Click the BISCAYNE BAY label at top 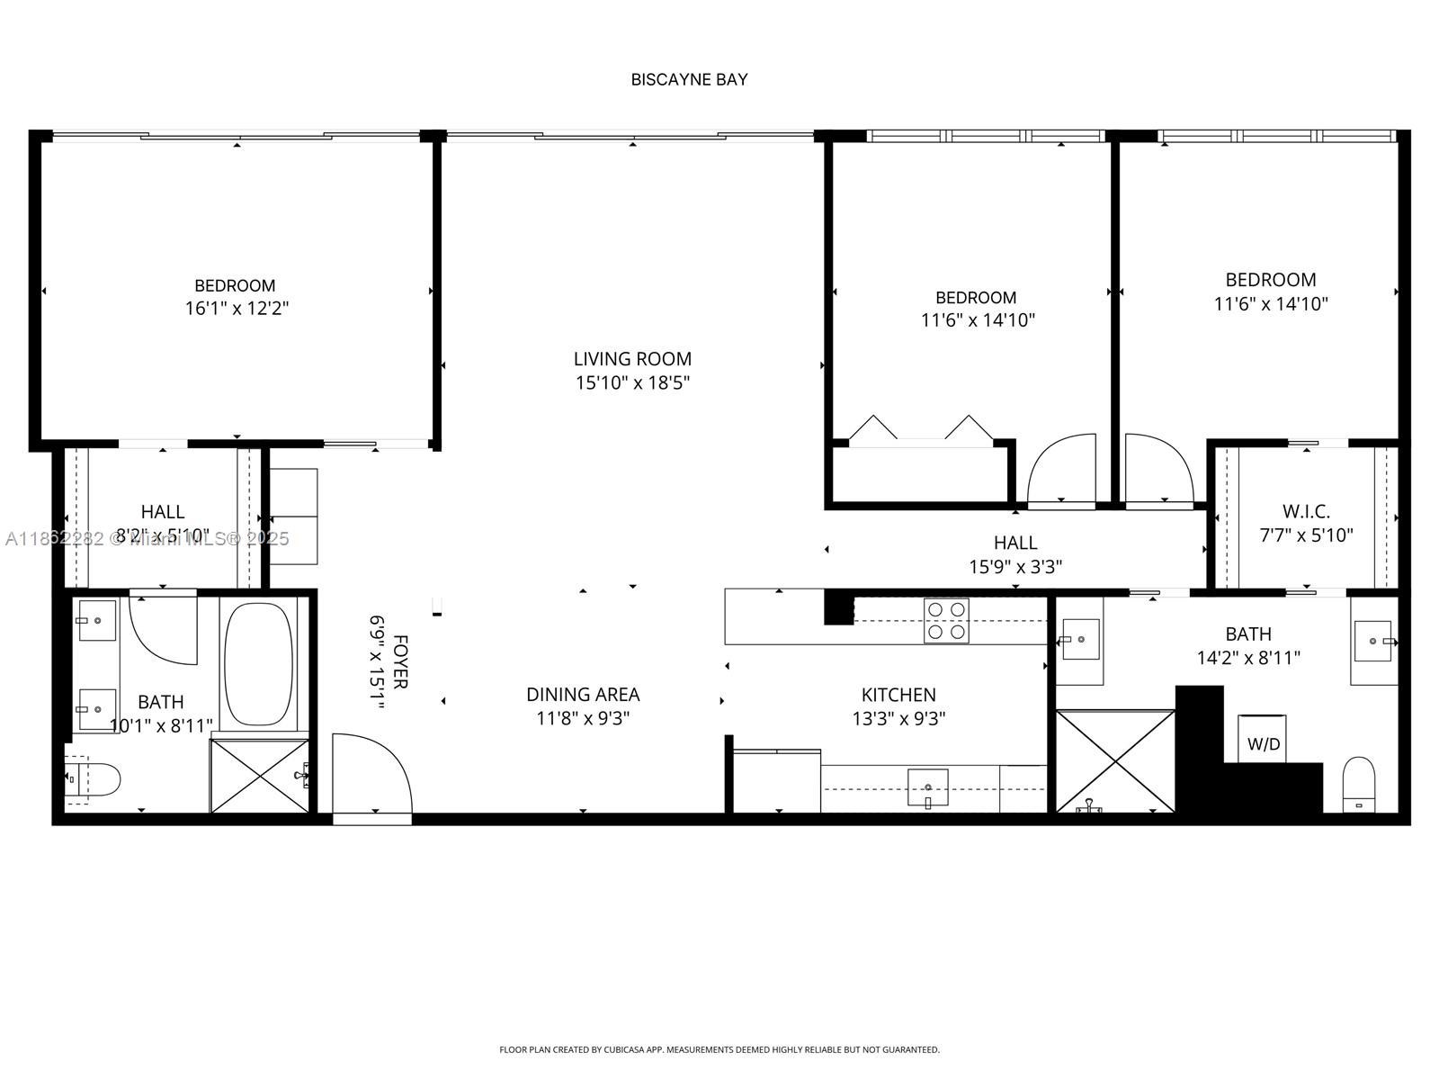coord(689,79)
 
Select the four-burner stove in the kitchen coord(946,621)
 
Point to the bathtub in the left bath coord(258,664)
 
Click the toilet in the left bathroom coord(94,780)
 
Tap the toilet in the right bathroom coord(1358,783)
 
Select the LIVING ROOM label coord(632,359)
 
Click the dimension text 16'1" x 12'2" coord(237,309)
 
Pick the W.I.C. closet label coord(1306,511)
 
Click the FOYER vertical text coord(400,661)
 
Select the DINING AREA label coord(583,695)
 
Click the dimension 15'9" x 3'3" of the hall coord(1015,567)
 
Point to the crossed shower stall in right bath coord(1115,761)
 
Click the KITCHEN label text coord(898,695)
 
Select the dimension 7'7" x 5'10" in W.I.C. coord(1306,535)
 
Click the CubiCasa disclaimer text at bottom coord(719,1049)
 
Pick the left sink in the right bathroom coord(1079,639)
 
